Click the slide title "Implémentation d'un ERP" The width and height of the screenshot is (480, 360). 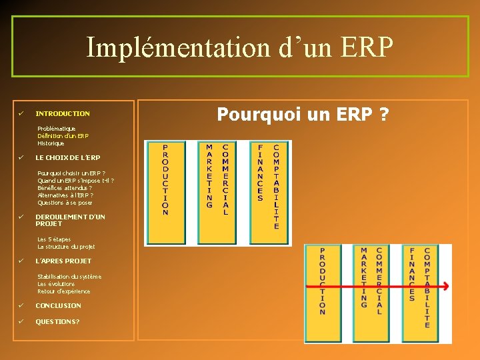(x=240, y=47)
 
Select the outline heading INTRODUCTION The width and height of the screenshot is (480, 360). (x=63, y=114)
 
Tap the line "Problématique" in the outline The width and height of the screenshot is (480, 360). (x=57, y=129)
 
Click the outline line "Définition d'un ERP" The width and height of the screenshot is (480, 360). (x=63, y=136)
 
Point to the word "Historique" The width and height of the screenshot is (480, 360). (x=51, y=143)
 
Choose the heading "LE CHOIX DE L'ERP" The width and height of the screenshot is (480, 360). (x=68, y=158)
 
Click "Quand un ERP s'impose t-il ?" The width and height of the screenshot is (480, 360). (x=75, y=181)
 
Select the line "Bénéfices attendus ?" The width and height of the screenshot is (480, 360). (x=65, y=188)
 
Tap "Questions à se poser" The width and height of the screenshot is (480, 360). (x=65, y=203)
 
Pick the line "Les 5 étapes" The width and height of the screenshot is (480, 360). (x=55, y=239)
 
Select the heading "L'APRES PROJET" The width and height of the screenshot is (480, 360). (x=63, y=261)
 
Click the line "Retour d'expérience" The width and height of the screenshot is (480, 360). (x=64, y=291)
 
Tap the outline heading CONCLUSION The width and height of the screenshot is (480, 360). (x=59, y=306)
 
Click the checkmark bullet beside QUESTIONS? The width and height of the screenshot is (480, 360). (x=21, y=321)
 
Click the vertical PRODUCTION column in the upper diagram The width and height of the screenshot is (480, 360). (x=165, y=180)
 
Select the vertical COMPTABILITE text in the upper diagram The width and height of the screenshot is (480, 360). (x=276, y=186)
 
